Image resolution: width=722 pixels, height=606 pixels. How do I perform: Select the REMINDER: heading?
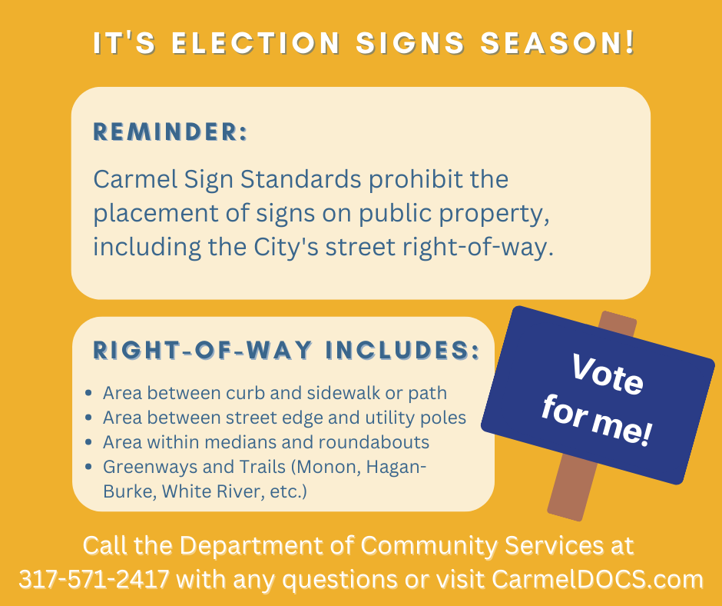[x=170, y=132]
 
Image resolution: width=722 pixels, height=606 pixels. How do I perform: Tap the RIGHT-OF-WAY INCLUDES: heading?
[x=286, y=350]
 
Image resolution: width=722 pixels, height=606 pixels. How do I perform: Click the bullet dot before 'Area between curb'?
[x=89, y=394]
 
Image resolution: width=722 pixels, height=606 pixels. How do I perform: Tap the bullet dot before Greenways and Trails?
[x=89, y=467]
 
